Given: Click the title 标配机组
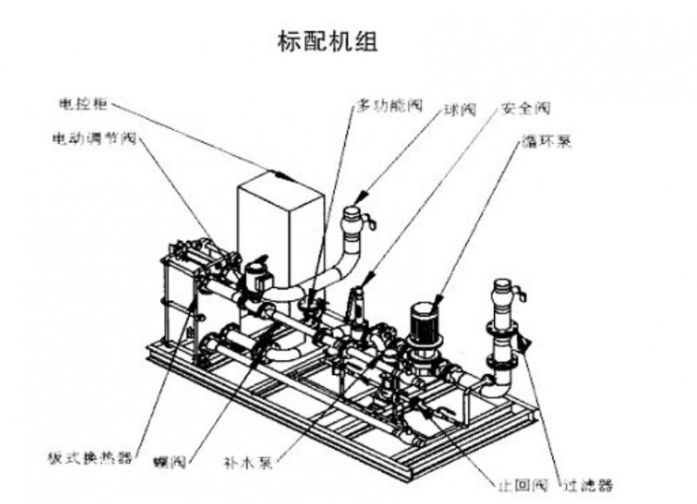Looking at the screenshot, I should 328,41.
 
